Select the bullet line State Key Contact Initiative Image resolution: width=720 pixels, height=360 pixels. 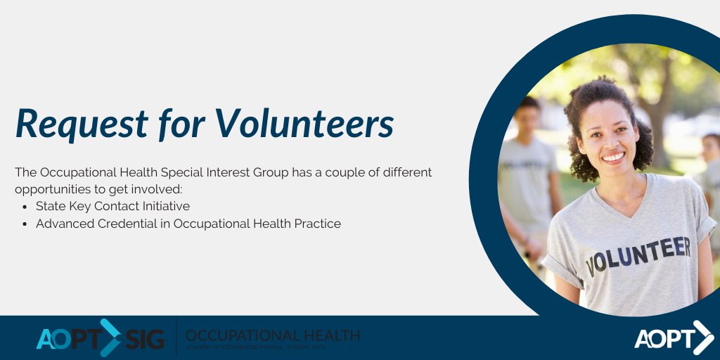[x=112, y=206]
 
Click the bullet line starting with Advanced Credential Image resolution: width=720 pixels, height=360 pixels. [x=188, y=224]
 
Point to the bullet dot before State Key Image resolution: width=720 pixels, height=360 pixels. [x=25, y=207]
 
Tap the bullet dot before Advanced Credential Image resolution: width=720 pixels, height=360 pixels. [x=25, y=224]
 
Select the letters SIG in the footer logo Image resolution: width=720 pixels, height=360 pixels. [x=145, y=339]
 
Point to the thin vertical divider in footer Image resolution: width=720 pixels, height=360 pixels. [x=176, y=337]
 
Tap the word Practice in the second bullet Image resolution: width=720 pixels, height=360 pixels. [x=317, y=224]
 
